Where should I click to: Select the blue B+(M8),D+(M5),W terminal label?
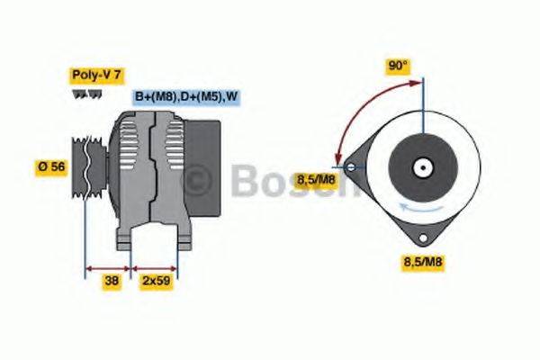pos(187,96)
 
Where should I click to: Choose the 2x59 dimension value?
pos(155,281)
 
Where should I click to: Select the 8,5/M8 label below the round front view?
pos(421,261)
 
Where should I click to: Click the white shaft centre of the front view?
pos(421,167)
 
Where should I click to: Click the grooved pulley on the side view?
pos(89,166)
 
